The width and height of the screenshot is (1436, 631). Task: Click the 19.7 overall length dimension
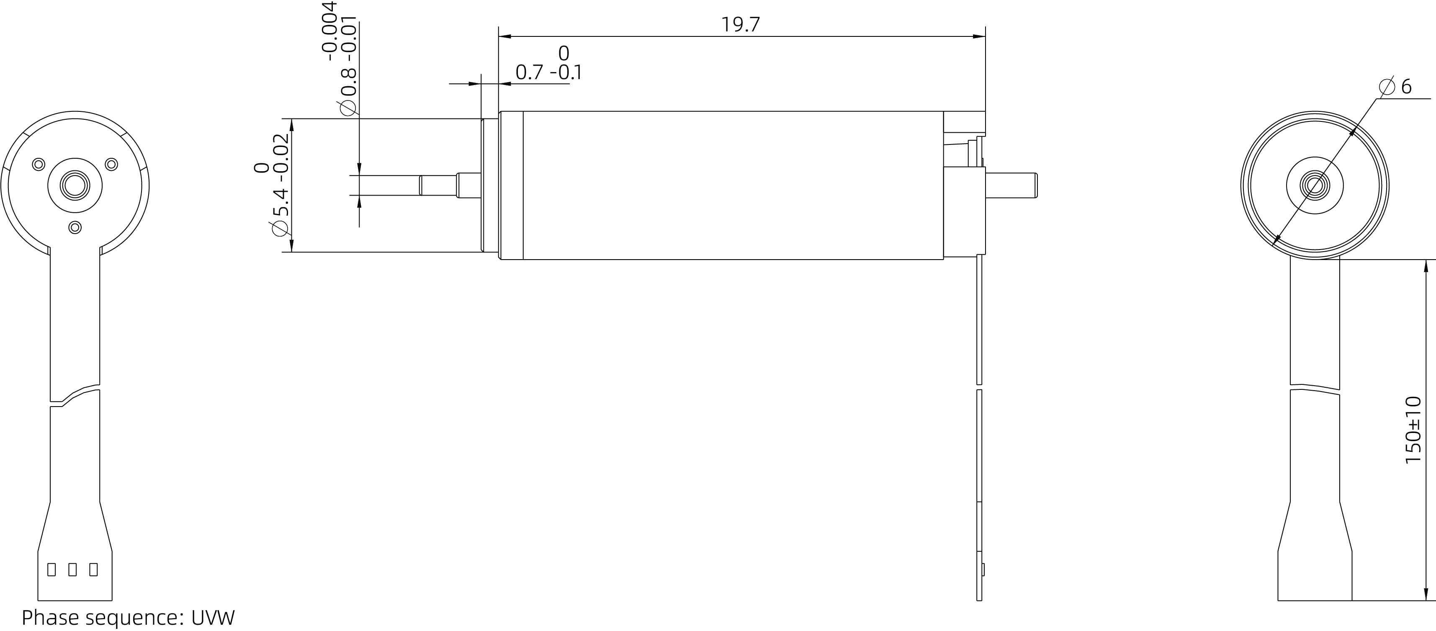coord(740,25)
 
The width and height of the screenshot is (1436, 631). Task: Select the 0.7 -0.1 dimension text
coord(548,72)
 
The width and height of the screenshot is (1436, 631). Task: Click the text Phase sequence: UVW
coord(128,618)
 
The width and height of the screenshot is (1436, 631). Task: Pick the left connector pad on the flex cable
coord(51,569)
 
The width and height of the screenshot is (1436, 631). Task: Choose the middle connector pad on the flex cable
coord(72,569)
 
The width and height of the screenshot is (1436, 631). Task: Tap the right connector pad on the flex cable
coord(93,569)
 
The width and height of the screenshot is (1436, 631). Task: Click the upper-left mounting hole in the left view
coord(39,165)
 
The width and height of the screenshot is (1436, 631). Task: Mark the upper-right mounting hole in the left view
coord(111,165)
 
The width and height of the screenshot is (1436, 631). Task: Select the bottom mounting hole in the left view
coord(75,227)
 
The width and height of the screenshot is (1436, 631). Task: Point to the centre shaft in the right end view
coord(1315,185)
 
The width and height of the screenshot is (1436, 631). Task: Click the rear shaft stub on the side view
coord(1011,185)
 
